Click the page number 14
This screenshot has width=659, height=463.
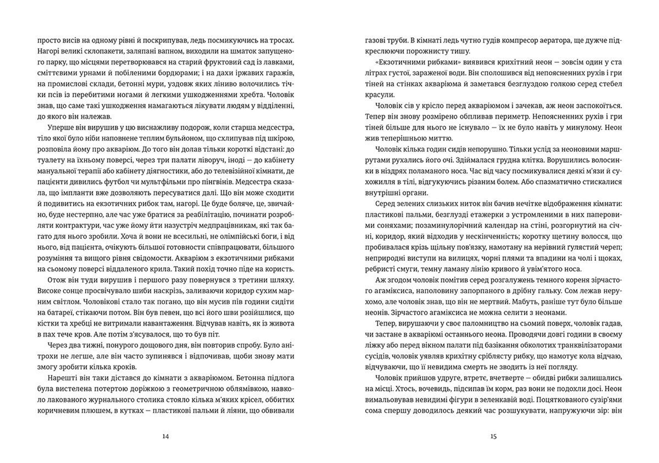(165, 436)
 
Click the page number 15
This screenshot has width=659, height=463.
(493, 436)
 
